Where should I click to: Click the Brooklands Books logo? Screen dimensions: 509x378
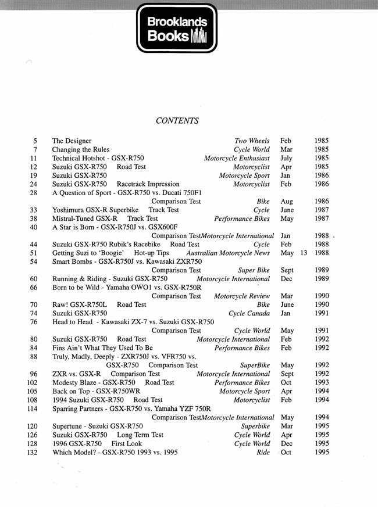(177, 28)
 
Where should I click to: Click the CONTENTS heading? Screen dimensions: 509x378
(177, 121)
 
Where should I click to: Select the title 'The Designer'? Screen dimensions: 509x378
(72, 141)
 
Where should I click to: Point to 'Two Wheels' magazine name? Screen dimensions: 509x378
(252, 141)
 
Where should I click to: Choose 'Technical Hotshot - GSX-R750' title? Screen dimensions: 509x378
(98, 158)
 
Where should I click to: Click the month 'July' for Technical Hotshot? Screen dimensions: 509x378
(286, 158)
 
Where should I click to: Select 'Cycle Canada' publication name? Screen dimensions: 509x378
(249, 313)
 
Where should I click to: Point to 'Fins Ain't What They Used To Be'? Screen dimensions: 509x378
(102, 347)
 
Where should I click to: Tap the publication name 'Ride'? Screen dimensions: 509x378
(263, 452)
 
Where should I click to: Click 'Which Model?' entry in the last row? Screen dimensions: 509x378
(73, 452)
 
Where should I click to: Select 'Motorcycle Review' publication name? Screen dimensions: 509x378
(242, 296)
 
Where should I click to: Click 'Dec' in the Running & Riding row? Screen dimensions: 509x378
(286, 278)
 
